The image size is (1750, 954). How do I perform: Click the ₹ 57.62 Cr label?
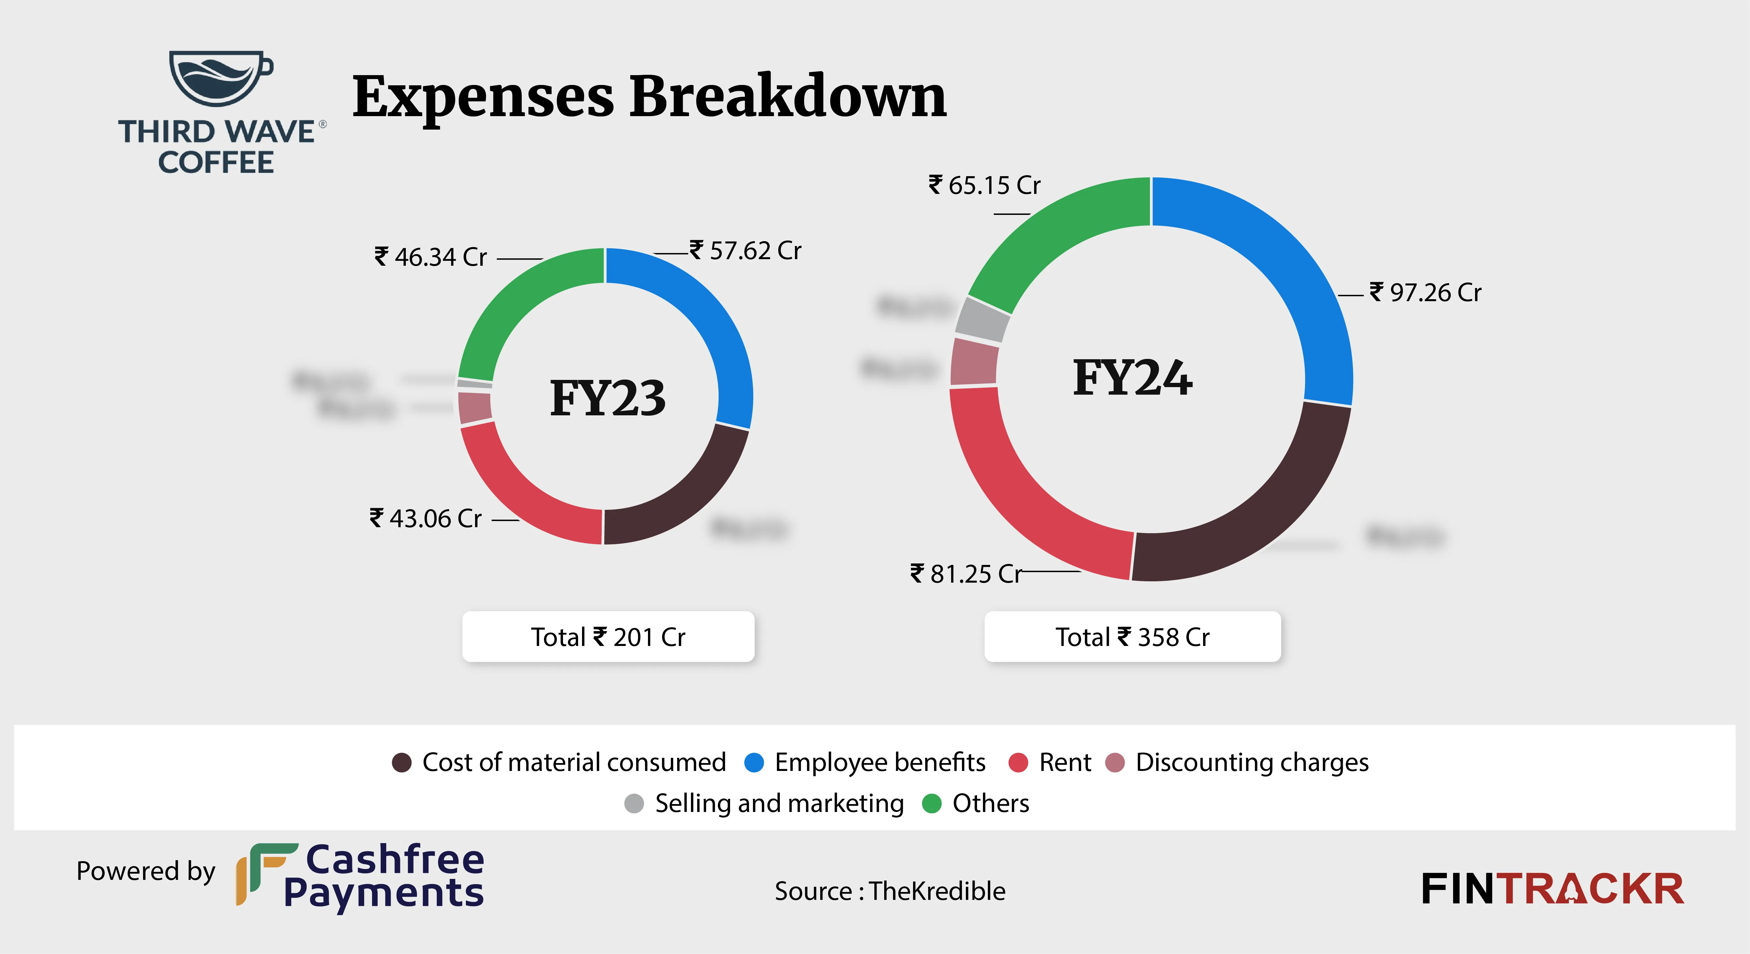pos(746,251)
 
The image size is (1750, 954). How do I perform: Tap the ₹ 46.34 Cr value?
pos(431,257)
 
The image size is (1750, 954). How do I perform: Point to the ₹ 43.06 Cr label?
pos(426,518)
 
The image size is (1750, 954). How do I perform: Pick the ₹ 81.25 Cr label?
pos(966,574)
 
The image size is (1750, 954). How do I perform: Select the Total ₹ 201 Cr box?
pos(608,637)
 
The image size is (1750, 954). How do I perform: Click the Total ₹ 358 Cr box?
pos(1133,637)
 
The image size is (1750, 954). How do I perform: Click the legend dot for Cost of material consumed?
pos(402,762)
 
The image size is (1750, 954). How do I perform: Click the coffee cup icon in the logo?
pos(219,77)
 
